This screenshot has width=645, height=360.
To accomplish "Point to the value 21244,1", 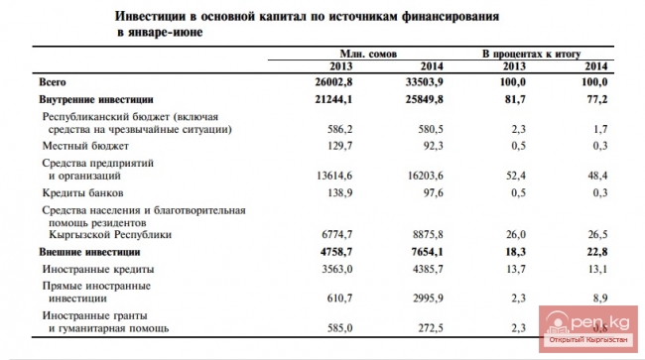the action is click(335, 100).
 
